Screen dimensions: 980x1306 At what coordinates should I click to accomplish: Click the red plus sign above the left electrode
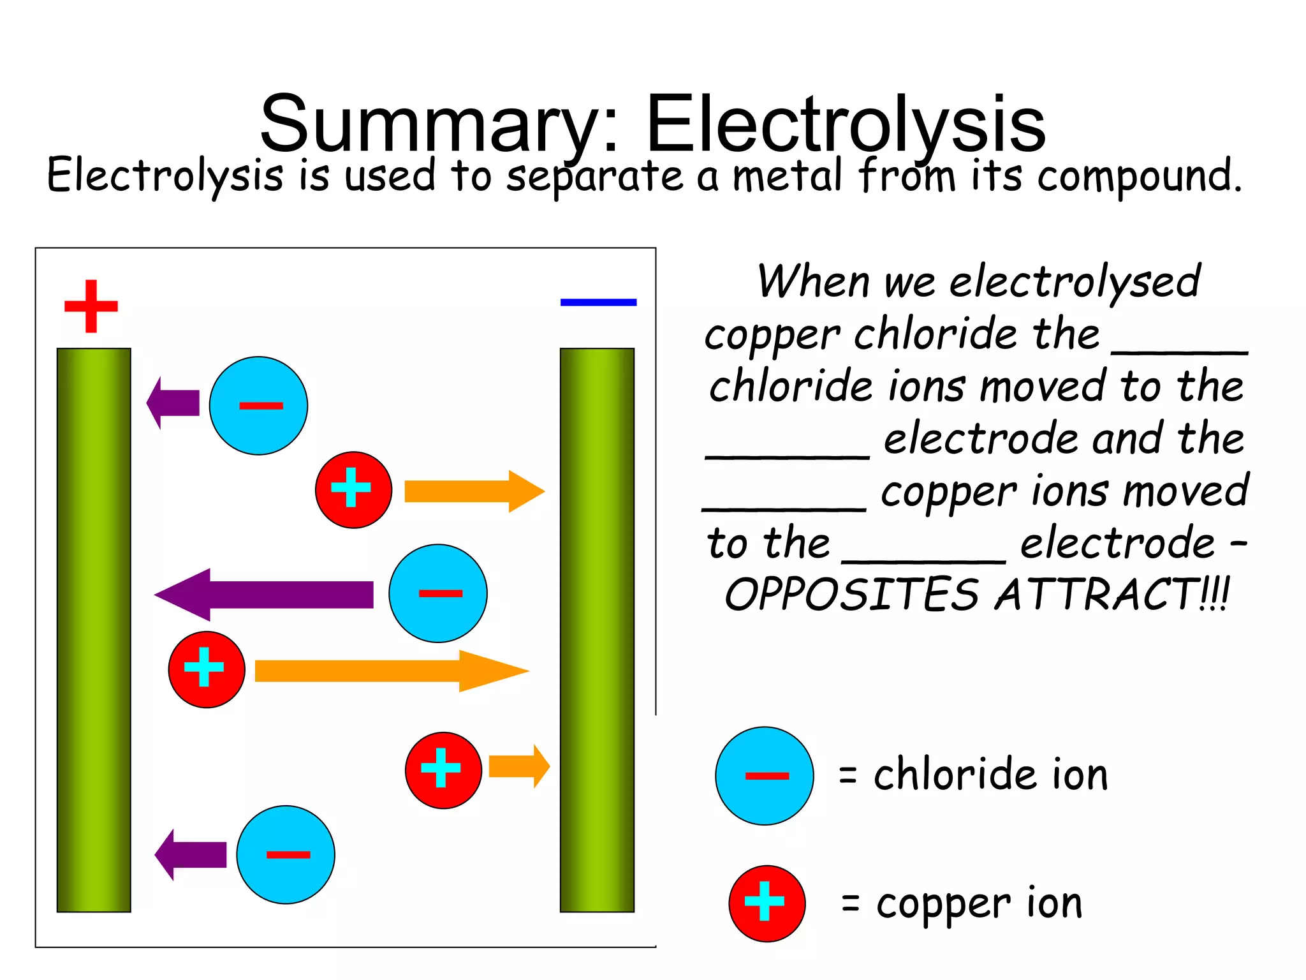(x=91, y=306)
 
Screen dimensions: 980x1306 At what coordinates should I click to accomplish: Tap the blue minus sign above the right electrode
(x=598, y=302)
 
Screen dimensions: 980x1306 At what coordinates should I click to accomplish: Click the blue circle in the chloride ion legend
(x=764, y=776)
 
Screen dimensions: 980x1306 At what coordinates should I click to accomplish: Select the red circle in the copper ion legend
(x=767, y=903)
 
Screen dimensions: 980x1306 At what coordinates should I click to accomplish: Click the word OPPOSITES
(x=851, y=595)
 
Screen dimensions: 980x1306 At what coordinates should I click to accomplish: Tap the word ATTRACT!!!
(x=1112, y=595)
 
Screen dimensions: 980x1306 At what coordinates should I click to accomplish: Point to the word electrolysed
(x=1075, y=281)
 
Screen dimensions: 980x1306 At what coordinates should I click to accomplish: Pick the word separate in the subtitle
(x=594, y=177)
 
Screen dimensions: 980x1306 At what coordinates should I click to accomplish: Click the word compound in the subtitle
(x=1139, y=177)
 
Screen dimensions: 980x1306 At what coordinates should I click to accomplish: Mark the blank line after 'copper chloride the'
(x=1179, y=352)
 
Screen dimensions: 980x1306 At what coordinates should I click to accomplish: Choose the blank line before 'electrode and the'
(x=788, y=456)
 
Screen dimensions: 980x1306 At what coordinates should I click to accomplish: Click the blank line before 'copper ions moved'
(x=784, y=509)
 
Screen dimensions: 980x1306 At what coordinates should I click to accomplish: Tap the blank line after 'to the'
(x=924, y=561)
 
